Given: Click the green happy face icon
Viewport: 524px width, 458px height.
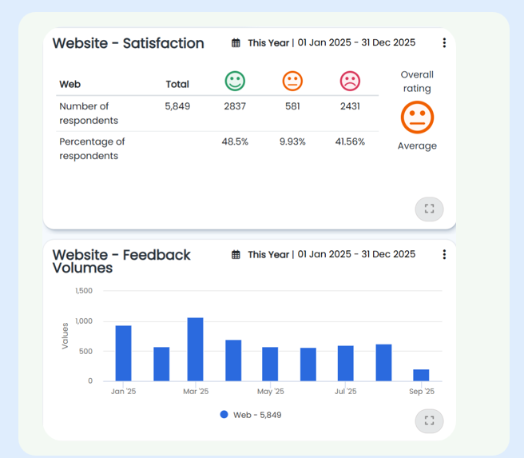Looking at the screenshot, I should tap(235, 81).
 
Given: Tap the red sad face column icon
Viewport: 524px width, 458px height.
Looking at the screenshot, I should tap(350, 81).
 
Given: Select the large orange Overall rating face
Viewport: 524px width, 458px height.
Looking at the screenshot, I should tap(417, 117).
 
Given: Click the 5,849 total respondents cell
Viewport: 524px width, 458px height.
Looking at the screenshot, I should tap(177, 106).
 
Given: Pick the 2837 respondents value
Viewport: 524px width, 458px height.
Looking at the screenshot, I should tap(235, 106).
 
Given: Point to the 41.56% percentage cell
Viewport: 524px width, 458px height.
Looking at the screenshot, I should tap(350, 141).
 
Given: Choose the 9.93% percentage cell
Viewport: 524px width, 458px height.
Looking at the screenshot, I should tap(292, 141).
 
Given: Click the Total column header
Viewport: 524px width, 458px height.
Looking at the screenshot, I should tap(177, 84).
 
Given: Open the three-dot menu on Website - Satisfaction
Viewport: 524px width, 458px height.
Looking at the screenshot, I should tap(444, 43).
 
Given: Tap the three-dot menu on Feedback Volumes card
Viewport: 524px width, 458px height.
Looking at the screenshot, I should tap(444, 254).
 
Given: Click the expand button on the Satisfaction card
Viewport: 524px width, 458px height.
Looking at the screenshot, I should tap(429, 209).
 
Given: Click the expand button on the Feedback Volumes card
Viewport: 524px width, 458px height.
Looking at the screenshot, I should tap(429, 420).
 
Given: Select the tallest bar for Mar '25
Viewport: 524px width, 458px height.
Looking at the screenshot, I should tap(196, 349).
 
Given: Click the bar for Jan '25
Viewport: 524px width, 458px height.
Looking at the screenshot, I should tap(123, 353).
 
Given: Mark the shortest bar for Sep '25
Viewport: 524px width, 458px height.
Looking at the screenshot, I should tap(421, 375).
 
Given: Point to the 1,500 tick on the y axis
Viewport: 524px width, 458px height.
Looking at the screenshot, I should tap(84, 291).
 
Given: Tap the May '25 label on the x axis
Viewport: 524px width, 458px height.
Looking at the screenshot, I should tap(270, 392).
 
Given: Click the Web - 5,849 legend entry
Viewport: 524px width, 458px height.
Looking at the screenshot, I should tap(251, 415).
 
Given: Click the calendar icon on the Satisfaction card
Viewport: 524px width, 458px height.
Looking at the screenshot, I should tap(236, 43).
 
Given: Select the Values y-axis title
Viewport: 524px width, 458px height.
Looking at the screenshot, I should tap(65, 335).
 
